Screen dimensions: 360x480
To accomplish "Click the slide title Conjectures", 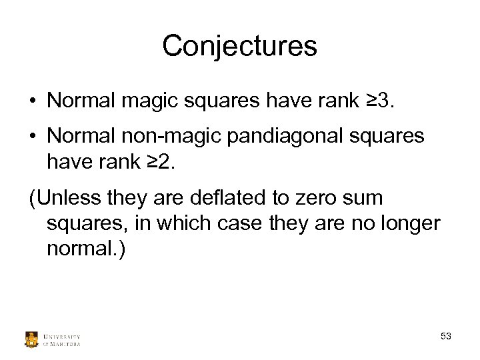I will point(239,46).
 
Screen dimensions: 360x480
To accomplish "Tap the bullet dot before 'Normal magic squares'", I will point(32,101).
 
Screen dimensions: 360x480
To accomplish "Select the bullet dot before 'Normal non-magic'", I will point(32,137).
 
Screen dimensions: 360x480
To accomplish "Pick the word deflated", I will point(227,198).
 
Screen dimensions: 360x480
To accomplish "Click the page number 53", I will point(446,337).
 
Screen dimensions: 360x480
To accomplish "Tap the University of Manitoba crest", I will point(32,339).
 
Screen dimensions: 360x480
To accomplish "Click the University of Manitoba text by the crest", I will point(61,339).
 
